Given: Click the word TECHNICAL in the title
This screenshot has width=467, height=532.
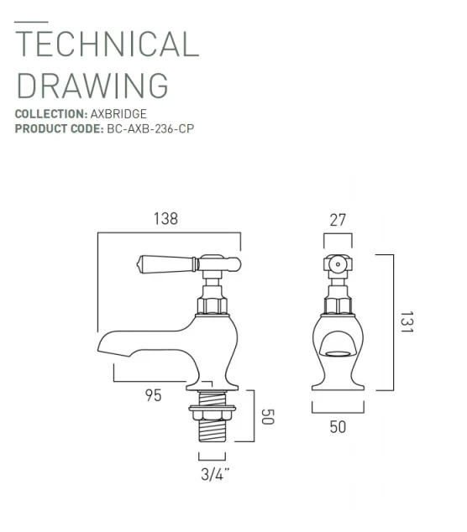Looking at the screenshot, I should [108, 44].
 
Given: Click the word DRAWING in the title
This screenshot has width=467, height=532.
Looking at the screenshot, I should [92, 86].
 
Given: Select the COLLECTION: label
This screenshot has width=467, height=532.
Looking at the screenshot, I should [50, 113].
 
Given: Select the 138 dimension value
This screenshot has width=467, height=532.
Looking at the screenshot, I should [166, 219].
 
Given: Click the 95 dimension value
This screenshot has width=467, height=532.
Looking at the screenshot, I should [153, 395].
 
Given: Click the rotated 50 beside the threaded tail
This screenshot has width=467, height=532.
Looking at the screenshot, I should [266, 416].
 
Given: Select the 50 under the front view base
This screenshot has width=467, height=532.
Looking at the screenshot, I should [337, 427].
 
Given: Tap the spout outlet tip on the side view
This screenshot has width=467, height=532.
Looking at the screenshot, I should [104, 345].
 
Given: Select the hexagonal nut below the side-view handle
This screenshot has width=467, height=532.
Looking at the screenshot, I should [212, 303].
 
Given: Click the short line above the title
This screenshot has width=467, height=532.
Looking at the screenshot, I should [32, 20].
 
